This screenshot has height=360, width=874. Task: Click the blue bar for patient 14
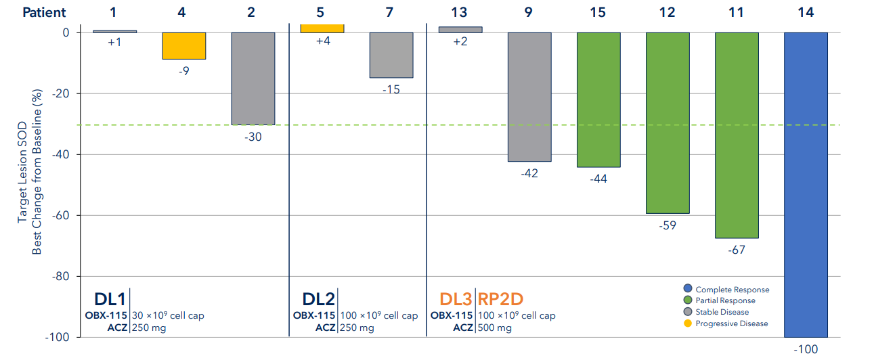(806, 184)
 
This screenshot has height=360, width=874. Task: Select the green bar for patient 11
(737, 135)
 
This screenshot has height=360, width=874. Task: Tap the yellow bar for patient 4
(184, 46)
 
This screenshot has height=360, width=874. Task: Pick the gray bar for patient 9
(529, 97)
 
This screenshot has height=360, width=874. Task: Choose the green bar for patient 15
(598, 99)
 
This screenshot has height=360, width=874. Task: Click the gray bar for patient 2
(253, 78)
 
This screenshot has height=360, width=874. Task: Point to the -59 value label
(668, 225)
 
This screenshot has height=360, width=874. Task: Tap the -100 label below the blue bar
(805, 349)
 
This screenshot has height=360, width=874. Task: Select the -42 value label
(529, 173)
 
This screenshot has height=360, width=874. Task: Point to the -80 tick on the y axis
(60, 276)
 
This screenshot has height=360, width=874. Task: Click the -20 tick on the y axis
(60, 93)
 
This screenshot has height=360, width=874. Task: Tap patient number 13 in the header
(460, 12)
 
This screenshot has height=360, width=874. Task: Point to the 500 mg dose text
(495, 328)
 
